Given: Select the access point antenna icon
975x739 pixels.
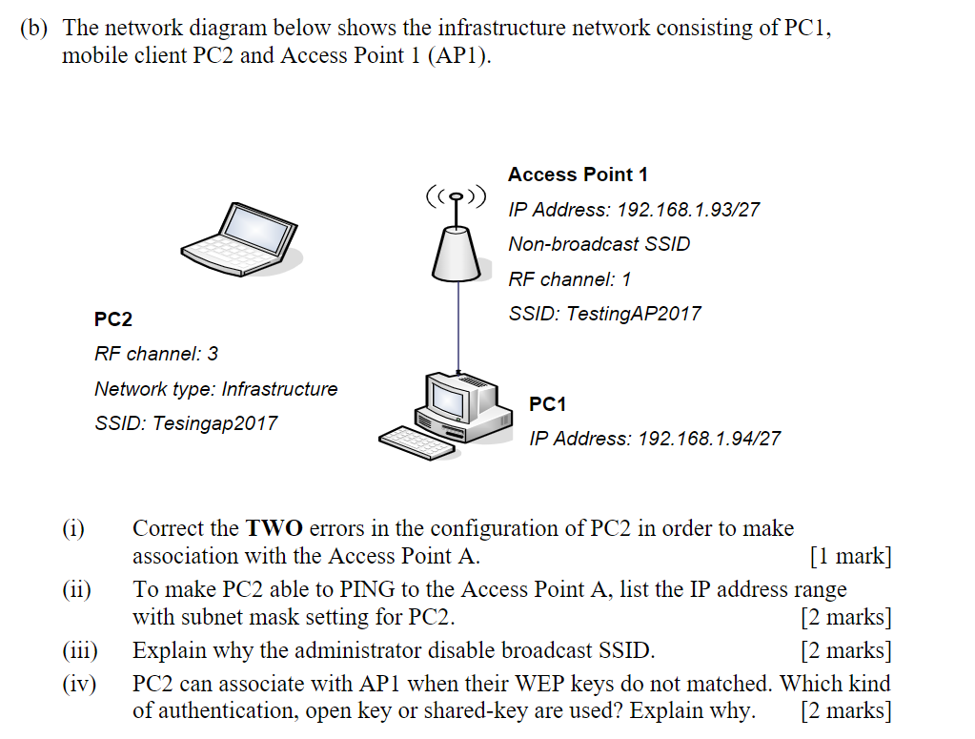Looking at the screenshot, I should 457,238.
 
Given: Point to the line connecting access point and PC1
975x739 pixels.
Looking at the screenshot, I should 458,324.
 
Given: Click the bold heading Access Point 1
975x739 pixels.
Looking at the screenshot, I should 578,174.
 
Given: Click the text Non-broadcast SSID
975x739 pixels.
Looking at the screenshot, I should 599,244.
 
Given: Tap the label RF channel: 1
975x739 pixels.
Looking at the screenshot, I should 569,279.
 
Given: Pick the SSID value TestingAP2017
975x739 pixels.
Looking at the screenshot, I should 633,314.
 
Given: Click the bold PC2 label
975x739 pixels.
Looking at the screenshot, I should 113,318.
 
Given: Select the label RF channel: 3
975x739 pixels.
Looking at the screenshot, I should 156,354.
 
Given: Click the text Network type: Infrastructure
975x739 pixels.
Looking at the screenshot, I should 215,389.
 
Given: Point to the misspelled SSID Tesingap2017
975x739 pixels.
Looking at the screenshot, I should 215,423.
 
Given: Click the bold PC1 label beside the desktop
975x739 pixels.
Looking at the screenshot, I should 547,404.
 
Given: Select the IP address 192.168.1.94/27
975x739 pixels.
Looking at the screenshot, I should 709,439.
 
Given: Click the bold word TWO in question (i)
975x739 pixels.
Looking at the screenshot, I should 274,528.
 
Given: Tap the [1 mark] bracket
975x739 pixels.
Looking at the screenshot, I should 849,556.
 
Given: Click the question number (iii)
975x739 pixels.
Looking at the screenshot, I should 80,651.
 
